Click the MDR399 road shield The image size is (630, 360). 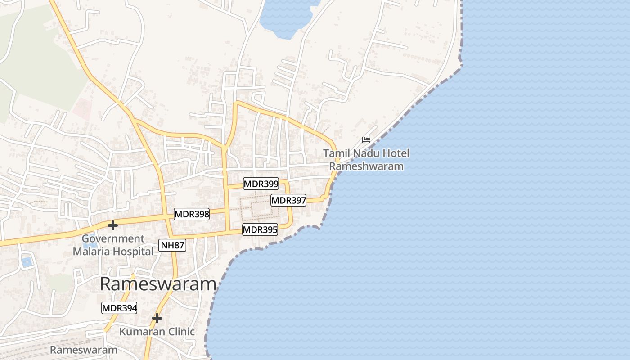(x=261, y=184)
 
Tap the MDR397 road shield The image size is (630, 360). (x=288, y=200)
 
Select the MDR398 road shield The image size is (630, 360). (x=192, y=214)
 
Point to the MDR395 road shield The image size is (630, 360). (x=260, y=229)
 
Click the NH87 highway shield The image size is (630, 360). (x=172, y=245)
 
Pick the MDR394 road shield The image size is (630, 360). (x=119, y=308)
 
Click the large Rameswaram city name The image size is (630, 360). (x=158, y=284)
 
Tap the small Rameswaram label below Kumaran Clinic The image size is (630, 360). (x=84, y=350)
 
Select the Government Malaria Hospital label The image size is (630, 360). (x=113, y=245)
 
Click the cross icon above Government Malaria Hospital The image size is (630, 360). (x=113, y=225)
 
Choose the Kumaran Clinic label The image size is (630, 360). (x=157, y=332)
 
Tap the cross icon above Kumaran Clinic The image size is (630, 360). (x=157, y=318)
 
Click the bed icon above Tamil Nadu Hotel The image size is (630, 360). (x=366, y=139)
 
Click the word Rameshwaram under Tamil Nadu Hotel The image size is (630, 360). (x=366, y=166)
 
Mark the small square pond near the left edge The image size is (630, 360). (x=27, y=261)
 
